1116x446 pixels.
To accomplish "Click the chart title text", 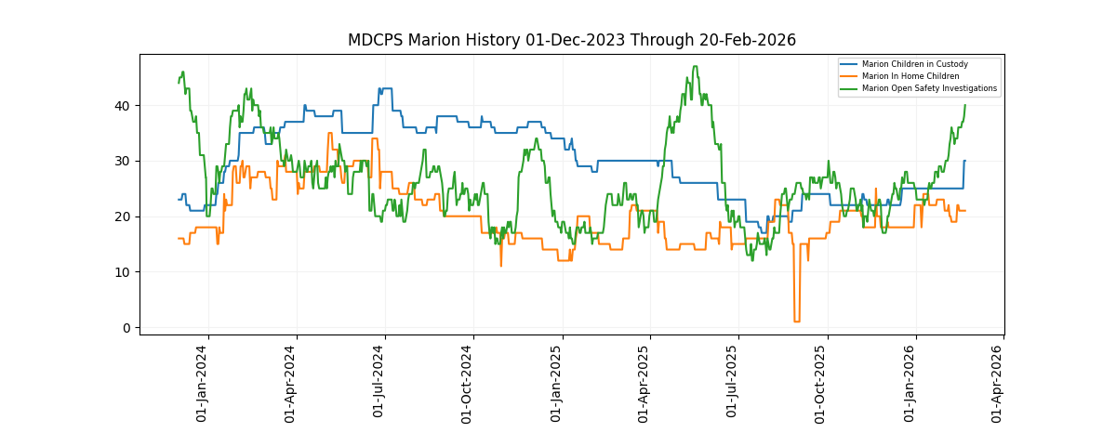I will coord(571,40).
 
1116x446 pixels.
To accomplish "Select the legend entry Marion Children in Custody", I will coord(914,64).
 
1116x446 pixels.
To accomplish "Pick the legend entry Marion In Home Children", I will coord(910,76).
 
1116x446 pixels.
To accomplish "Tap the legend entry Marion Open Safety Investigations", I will coord(929,89).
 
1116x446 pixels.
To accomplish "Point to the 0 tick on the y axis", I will coord(126,328).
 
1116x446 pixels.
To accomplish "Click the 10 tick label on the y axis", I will coord(123,272).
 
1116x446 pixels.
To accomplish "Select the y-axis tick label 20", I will coord(123,216).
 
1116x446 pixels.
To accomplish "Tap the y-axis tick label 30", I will coord(123,161).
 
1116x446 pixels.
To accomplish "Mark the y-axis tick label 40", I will coord(123,105).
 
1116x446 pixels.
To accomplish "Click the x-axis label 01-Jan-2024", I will coord(203,384).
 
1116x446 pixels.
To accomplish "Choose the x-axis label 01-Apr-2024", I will coord(290,384).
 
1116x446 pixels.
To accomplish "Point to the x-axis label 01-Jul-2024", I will coord(379,384).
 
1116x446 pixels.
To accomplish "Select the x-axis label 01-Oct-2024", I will coord(468,384).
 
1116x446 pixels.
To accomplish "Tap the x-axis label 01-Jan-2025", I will coord(557,384).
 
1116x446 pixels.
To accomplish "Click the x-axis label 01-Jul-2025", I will coord(732,384).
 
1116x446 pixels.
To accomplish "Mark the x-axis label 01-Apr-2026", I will coord(997,384).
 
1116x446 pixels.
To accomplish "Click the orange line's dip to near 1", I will coord(796,321).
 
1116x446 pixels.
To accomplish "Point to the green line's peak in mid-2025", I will coord(695,67).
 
